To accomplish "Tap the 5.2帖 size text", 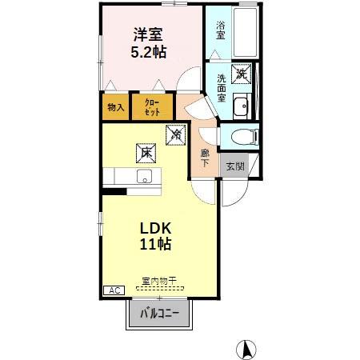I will pyautogui.click(x=150, y=52).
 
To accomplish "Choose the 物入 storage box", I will pyautogui.click(x=114, y=107).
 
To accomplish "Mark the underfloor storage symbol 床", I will pyautogui.click(x=145, y=150).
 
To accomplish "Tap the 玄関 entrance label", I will pyautogui.click(x=234, y=166).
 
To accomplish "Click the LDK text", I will pyautogui.click(x=155, y=227).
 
